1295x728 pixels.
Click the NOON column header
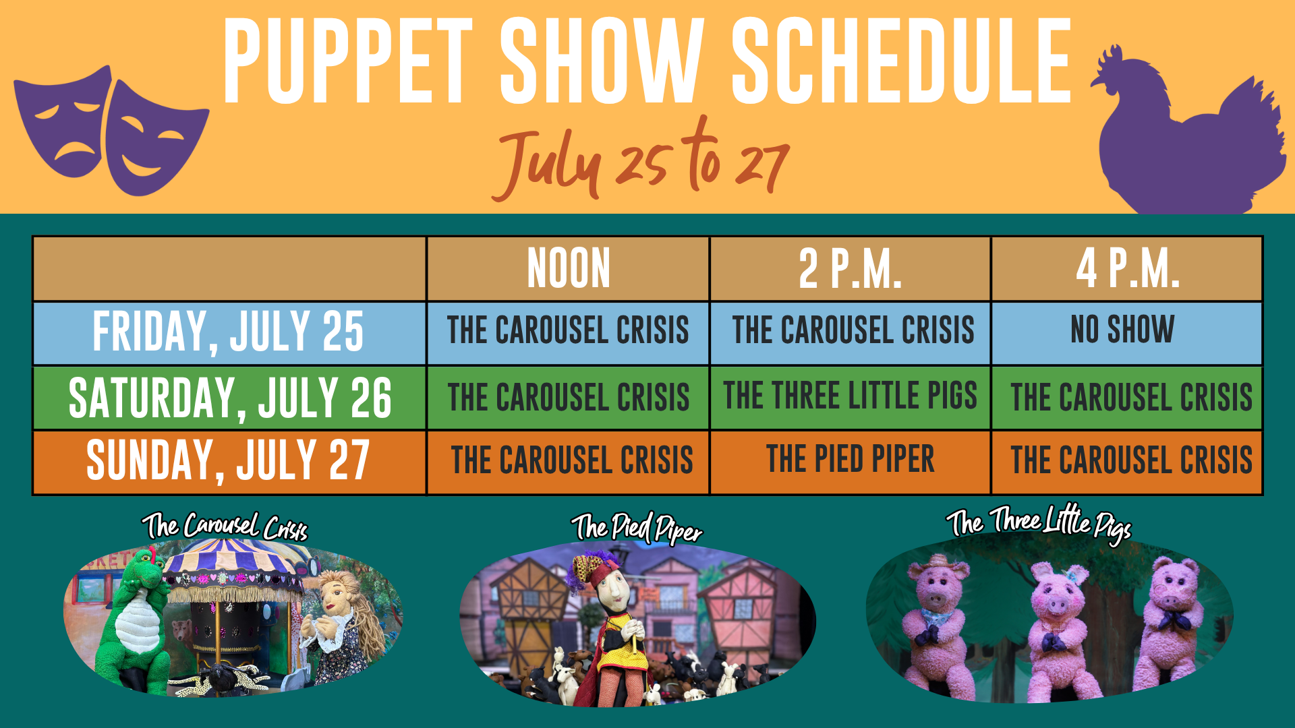(569, 268)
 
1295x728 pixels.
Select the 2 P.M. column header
(850, 268)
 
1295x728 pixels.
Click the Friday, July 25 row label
(229, 332)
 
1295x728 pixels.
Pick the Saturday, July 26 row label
(230, 397)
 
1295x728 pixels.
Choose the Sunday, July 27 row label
(228, 460)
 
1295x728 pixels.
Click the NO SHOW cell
(1122, 329)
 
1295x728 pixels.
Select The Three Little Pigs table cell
(850, 395)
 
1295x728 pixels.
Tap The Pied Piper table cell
(850, 459)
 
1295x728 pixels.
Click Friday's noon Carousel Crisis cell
(568, 330)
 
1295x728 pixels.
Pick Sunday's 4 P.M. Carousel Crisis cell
(1131, 460)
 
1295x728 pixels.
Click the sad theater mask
(64, 122)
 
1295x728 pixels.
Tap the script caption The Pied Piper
(637, 528)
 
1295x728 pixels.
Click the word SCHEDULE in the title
(902, 61)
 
